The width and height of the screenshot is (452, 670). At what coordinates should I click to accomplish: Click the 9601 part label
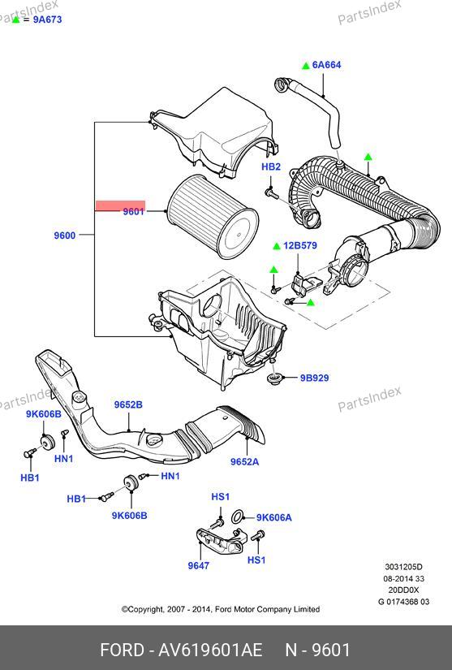coord(133,211)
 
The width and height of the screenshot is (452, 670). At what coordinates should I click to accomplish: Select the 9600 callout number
coord(64,236)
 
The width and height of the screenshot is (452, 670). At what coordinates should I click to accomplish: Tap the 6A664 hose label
coord(326,65)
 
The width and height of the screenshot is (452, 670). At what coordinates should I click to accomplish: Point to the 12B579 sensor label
coord(300,246)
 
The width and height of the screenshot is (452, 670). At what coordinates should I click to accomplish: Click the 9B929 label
coord(314,378)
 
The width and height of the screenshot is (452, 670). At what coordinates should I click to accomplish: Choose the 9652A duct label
coord(244,461)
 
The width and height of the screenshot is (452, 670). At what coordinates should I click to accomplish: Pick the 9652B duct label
coord(128,404)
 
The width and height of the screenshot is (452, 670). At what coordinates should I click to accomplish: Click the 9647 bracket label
coord(199,565)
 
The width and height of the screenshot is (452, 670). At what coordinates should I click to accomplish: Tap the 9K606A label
coord(274,517)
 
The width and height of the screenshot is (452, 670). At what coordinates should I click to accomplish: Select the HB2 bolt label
coord(271,166)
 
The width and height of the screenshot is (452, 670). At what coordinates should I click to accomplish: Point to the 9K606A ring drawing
coord(238,517)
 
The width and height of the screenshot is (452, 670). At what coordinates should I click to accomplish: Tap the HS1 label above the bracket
coord(220,496)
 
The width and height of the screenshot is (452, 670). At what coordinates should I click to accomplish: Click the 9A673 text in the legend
coord(47,19)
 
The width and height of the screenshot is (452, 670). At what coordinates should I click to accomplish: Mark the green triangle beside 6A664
coord(306,66)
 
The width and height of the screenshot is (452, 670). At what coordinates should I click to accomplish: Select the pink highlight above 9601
coord(120,205)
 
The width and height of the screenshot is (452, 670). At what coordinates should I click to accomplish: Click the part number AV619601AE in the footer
coord(210,650)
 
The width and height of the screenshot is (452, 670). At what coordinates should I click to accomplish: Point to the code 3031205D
coord(403,567)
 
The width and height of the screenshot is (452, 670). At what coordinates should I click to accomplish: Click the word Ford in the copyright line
coord(223,609)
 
